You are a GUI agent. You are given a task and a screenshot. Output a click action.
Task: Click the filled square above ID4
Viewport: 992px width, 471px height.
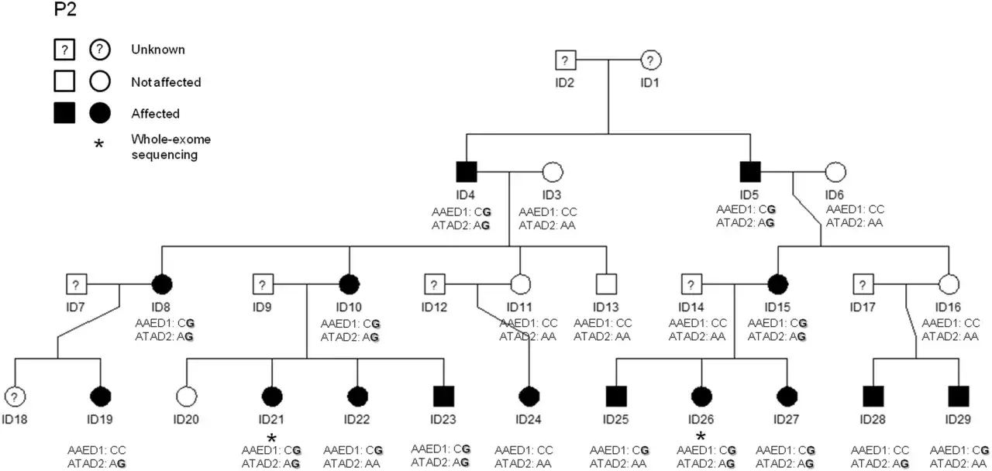click(467, 172)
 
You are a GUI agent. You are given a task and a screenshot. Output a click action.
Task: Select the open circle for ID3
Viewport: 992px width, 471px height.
click(553, 172)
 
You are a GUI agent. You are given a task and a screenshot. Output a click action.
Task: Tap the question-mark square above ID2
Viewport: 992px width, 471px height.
click(565, 60)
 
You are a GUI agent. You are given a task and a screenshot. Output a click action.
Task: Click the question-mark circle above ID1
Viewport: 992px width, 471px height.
click(650, 60)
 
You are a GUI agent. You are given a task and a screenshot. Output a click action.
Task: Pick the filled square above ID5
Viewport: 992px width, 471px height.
click(750, 172)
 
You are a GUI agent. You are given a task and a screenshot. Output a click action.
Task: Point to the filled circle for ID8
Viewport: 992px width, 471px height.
click(162, 284)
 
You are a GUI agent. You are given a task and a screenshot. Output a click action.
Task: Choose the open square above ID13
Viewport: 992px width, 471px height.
click(606, 284)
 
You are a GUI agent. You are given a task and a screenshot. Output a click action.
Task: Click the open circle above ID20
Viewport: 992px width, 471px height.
click(187, 396)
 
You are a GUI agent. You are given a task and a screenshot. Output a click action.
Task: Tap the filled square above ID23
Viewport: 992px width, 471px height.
click(444, 396)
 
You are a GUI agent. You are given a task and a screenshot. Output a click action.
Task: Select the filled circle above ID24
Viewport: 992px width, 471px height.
click(529, 396)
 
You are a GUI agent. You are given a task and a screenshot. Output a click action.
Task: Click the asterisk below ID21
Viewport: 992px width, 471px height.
click(271, 438)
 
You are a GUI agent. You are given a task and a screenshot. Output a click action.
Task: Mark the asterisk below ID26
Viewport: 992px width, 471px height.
click(701, 436)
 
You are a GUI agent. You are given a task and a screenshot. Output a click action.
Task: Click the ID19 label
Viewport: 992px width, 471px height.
click(100, 419)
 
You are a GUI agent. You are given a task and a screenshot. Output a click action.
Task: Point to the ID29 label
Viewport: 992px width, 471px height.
click(958, 419)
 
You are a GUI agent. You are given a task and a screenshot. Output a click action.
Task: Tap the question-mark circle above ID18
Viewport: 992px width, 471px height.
click(15, 396)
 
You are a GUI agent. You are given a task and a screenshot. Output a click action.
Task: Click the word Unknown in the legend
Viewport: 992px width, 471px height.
click(158, 49)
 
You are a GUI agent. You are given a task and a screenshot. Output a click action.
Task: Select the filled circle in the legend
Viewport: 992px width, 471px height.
click(100, 113)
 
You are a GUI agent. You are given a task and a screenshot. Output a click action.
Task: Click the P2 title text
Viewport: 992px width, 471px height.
click(66, 9)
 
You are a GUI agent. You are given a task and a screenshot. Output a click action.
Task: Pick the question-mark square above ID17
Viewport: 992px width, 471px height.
click(863, 284)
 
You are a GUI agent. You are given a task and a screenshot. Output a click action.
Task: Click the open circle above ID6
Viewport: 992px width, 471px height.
click(835, 172)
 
